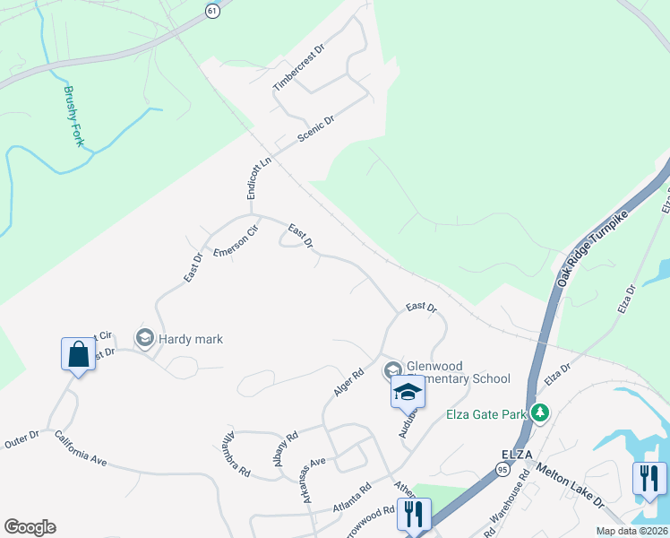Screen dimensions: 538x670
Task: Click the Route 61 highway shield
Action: pyautogui.click(x=211, y=10)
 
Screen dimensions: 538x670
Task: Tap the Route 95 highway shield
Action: pyautogui.click(x=502, y=469)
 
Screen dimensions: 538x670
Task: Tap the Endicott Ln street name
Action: pyautogui.click(x=258, y=178)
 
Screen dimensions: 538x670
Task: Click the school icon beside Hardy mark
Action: pyautogui.click(x=144, y=338)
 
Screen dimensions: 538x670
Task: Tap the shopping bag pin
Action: pyautogui.click(x=78, y=354)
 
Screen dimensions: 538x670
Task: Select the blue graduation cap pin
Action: pyautogui.click(x=408, y=392)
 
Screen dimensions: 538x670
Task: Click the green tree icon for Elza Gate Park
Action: pyautogui.click(x=539, y=413)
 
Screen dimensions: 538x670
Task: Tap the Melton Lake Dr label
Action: pyautogui.click(x=570, y=487)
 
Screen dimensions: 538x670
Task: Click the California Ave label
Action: pyautogui.click(x=80, y=448)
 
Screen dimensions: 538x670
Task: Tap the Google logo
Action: pyautogui.click(x=30, y=527)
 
